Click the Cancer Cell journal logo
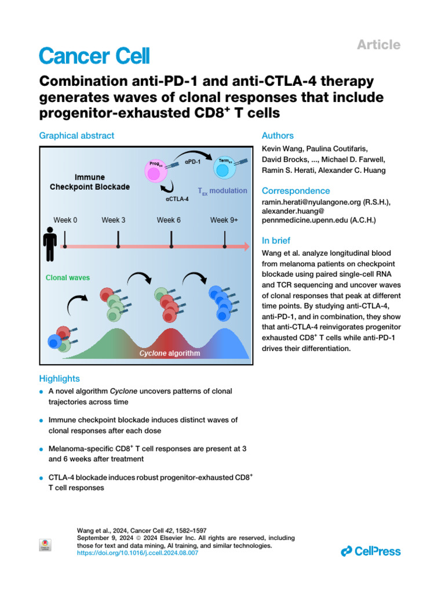tap(94, 56)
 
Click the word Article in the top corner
tap(379, 45)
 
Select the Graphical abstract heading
tap(76, 136)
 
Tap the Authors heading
tap(278, 136)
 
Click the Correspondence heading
tap(296, 191)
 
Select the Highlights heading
tap(59, 378)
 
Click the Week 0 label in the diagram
tap(65, 220)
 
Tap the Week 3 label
tap(114, 220)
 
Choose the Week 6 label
tap(169, 220)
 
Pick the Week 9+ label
tap(224, 220)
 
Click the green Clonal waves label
tap(68, 278)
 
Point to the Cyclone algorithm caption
tap(169, 353)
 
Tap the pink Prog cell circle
tap(155, 171)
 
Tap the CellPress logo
tap(370, 551)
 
